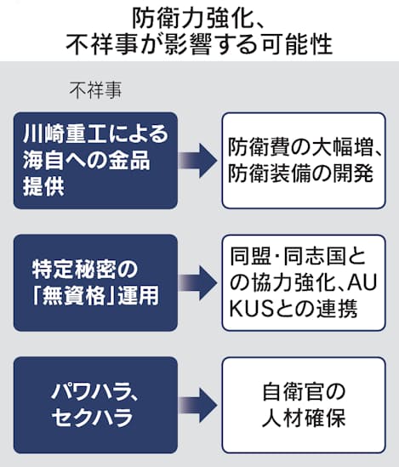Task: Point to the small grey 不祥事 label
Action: (x=95, y=90)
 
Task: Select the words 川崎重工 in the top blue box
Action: (x=65, y=134)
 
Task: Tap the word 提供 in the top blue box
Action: (x=43, y=186)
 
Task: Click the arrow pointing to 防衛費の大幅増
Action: (x=197, y=161)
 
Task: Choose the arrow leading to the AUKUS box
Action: (x=197, y=283)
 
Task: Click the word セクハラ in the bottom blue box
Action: (x=92, y=418)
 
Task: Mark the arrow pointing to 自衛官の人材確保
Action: (x=197, y=406)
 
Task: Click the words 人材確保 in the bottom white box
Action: (x=304, y=419)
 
